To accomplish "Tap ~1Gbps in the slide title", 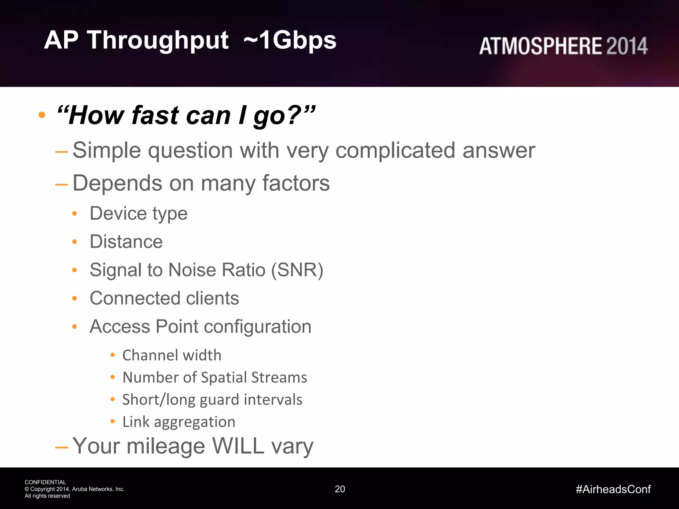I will coord(290,40).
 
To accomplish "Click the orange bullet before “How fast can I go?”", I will coord(42,115).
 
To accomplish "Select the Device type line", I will coord(139,213).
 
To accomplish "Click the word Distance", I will coord(126,242).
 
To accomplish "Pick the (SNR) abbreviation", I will coord(297,270).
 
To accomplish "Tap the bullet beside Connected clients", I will coord(75,298).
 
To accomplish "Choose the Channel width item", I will coord(172,355).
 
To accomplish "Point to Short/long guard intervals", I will coord(212,400).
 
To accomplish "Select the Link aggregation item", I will coord(179,422).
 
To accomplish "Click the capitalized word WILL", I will coord(238,446).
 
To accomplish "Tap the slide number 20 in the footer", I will coord(340,489).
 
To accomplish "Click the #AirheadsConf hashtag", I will coord(613,489).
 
